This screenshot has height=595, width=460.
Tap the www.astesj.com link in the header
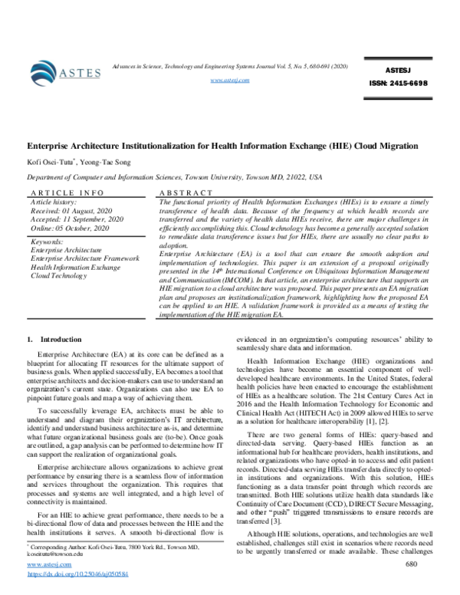pyautogui.click(x=230, y=80)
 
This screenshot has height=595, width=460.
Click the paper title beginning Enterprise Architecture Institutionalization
pyautogui.click(x=231, y=145)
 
